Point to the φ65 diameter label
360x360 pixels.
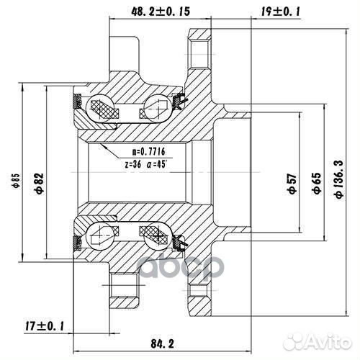click(x=315, y=184)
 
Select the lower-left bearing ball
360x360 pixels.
click(x=102, y=233)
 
